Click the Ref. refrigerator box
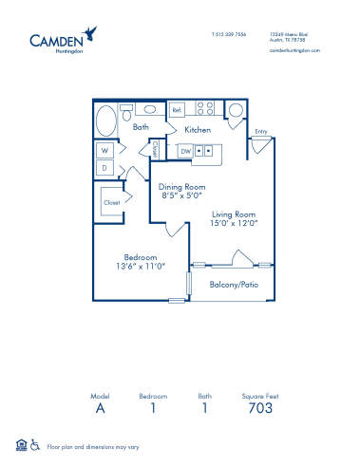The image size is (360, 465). point(177,109)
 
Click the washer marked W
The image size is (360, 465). point(104,150)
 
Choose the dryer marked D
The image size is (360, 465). point(104,168)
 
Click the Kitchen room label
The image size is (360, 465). point(198,129)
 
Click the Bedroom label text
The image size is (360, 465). point(140,256)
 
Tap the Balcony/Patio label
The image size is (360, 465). point(234,284)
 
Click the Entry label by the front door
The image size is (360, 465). point(261,133)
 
